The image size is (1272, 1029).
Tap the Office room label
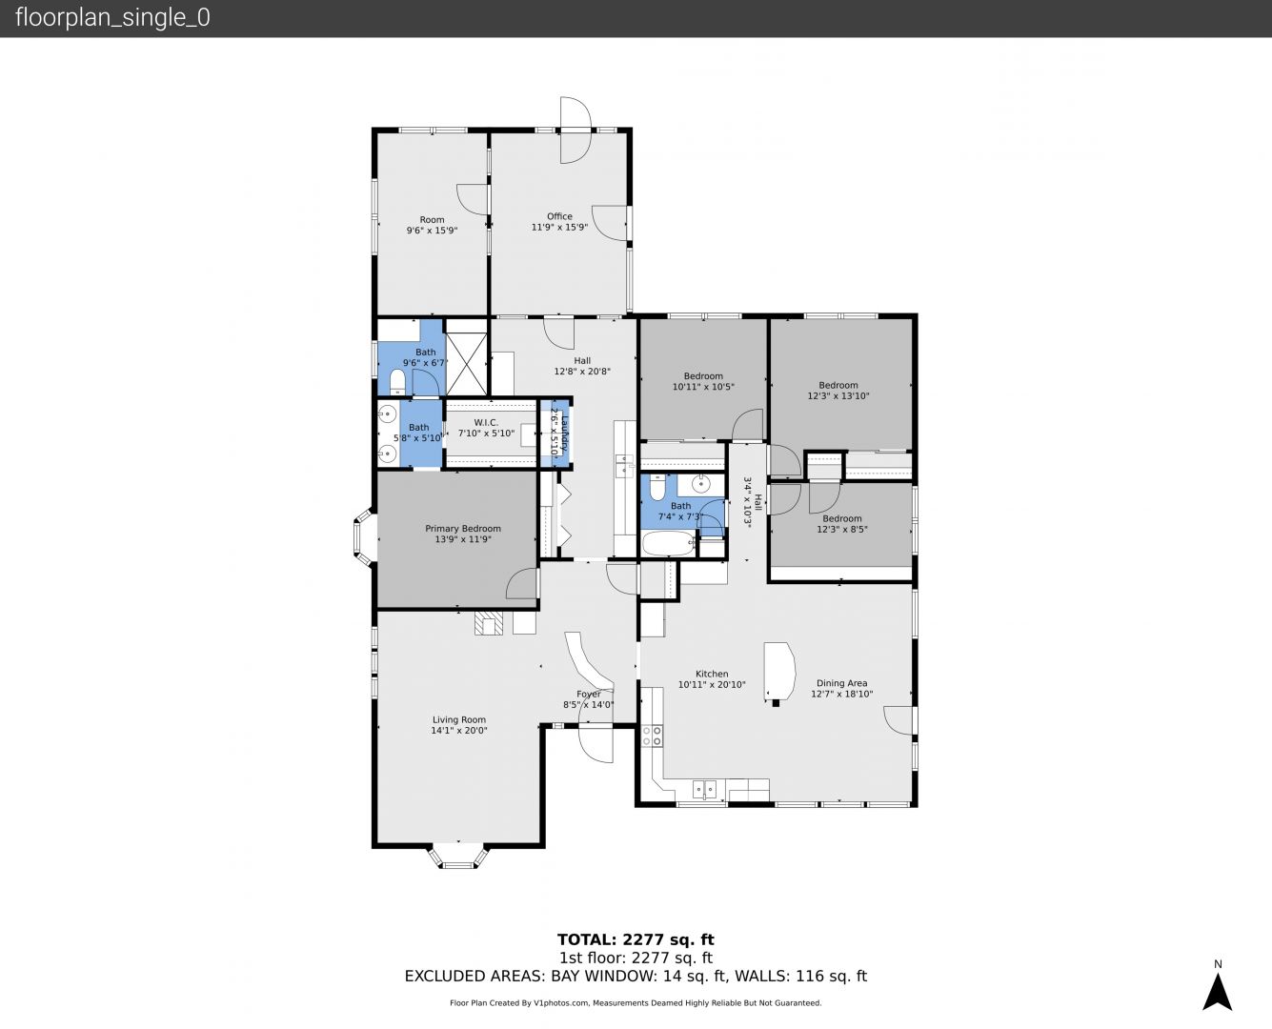click(x=559, y=216)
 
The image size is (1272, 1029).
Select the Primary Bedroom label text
click(x=463, y=529)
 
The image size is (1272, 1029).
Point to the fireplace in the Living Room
click(x=489, y=623)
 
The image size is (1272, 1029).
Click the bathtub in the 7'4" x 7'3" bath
click(x=668, y=543)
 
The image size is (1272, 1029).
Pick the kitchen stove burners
click(x=652, y=736)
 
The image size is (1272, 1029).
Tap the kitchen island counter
click(x=780, y=672)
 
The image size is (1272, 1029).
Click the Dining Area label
click(x=842, y=683)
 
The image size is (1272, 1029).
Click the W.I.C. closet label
click(x=486, y=422)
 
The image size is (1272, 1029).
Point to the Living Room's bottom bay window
click(x=458, y=857)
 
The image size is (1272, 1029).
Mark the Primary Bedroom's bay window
click(x=364, y=535)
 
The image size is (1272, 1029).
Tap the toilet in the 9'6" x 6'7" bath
click(x=397, y=382)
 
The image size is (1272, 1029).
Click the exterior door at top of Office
click(x=575, y=131)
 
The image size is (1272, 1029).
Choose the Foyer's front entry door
click(x=596, y=742)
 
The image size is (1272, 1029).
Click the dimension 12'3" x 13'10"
click(x=838, y=396)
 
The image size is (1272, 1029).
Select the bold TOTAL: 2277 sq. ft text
click(x=636, y=939)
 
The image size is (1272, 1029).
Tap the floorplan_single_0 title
click(x=112, y=18)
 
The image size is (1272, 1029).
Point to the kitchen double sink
click(x=705, y=790)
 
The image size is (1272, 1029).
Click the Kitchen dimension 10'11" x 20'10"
click(x=712, y=685)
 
